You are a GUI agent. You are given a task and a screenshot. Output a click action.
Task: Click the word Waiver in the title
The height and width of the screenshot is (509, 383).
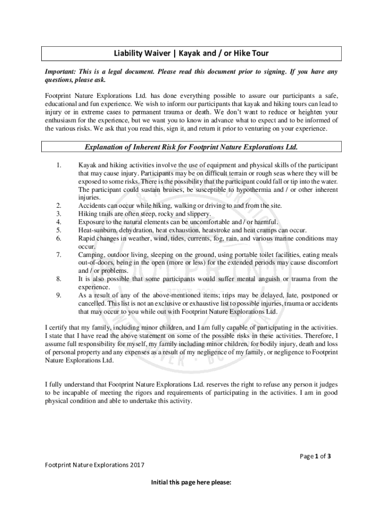[152, 53]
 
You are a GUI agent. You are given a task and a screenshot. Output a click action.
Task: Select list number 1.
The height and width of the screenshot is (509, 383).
[58, 165]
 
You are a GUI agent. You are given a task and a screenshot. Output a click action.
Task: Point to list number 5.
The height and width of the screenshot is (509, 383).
[58, 230]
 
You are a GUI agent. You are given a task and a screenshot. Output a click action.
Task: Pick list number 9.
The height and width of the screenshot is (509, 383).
[58, 295]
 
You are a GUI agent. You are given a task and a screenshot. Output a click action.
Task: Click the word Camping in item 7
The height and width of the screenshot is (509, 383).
[91, 255]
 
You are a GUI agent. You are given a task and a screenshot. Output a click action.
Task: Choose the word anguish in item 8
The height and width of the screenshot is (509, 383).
[262, 279]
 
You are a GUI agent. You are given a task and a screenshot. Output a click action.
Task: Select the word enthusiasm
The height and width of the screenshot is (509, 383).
[62, 120]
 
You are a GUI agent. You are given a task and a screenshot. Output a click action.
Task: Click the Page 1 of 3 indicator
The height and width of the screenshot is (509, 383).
[315, 456]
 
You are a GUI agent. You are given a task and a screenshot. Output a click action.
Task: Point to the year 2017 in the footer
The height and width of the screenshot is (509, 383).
[134, 465]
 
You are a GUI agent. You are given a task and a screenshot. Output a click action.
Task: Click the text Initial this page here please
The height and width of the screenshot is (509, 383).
[191, 482]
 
